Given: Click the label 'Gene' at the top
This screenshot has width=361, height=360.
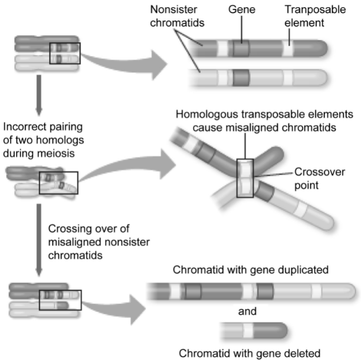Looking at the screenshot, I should (x=240, y=10).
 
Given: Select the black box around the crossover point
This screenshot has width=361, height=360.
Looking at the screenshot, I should (x=245, y=178).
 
